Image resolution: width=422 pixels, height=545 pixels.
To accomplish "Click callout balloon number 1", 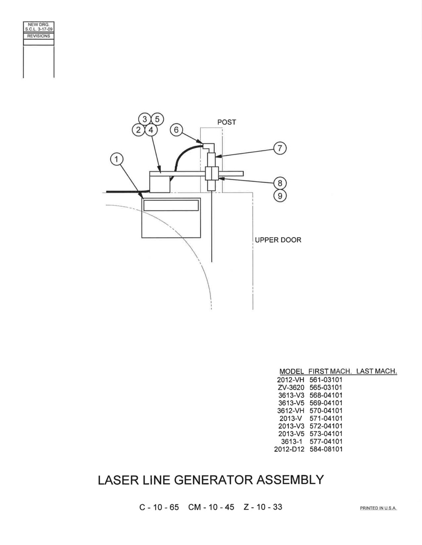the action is (117, 159).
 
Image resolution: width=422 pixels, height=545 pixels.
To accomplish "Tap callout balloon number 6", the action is (176, 130).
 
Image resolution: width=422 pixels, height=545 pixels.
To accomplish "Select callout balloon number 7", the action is (280, 148).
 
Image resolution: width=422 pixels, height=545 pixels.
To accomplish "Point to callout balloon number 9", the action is (280, 196).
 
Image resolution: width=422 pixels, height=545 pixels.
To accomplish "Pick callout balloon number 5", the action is (157, 119).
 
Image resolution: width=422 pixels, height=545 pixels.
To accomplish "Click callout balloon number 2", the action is (138, 130).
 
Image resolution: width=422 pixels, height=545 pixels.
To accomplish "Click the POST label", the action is (226, 122).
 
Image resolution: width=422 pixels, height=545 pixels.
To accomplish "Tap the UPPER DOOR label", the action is (278, 240).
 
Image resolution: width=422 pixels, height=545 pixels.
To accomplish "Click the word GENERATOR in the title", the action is (213, 480).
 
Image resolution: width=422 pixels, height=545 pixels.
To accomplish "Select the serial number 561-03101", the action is (326, 379).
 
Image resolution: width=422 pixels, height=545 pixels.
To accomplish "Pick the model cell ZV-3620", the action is (291, 387).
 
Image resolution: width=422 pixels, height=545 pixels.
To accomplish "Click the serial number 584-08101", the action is (326, 449).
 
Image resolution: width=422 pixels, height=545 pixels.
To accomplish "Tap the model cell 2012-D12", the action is (289, 449).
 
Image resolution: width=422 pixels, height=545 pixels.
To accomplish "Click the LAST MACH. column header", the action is (377, 371).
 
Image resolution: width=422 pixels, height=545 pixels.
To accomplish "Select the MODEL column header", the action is (292, 371).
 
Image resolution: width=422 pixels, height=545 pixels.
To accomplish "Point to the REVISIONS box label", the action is (39, 36).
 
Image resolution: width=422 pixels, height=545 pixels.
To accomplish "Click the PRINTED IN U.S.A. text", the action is (379, 508).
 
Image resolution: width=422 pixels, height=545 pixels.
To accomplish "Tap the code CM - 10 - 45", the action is (211, 507).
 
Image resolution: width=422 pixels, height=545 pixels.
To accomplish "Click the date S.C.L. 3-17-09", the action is (39, 29).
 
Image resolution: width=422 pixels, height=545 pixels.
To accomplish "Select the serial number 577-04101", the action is (326, 441).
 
